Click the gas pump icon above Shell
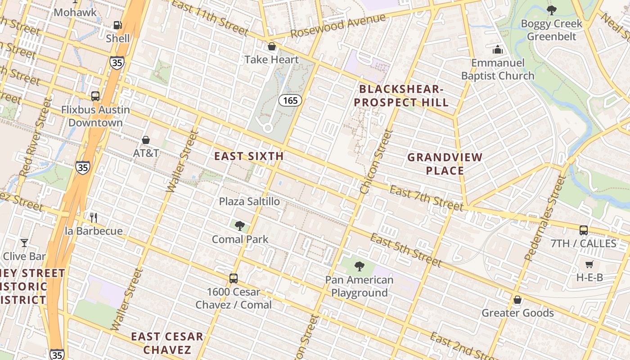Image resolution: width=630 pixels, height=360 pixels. click(x=117, y=26)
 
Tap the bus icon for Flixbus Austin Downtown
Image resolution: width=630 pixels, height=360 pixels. click(x=95, y=96)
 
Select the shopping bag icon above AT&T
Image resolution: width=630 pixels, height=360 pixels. click(x=146, y=140)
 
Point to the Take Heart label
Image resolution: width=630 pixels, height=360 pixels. click(x=271, y=59)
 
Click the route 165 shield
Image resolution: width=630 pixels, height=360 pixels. click(x=290, y=100)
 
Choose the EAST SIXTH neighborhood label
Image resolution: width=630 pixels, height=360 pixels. click(x=249, y=156)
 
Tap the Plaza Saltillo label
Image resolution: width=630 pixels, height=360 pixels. click(x=249, y=201)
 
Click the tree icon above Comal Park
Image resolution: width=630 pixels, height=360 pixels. click(x=240, y=225)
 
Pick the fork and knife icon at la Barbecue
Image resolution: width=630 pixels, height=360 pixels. click(x=94, y=218)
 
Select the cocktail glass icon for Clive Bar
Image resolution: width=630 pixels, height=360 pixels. click(x=24, y=243)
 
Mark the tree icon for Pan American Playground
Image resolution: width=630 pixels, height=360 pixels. click(x=359, y=266)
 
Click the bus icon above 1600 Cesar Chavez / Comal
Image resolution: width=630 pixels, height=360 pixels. click(x=233, y=278)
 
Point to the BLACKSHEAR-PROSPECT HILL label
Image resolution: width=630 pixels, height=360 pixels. click(x=401, y=95)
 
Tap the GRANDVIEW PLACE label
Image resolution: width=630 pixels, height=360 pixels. click(x=445, y=164)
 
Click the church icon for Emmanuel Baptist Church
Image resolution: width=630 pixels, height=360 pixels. click(x=498, y=49)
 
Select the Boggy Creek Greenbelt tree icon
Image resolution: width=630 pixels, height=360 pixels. click(x=552, y=10)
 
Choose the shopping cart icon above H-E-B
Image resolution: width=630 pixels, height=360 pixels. click(x=589, y=264)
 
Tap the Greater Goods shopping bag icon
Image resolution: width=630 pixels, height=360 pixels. click(x=517, y=300)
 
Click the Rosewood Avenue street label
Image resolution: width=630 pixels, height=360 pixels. click(x=338, y=26)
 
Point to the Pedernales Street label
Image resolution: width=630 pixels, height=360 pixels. click(x=545, y=218)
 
